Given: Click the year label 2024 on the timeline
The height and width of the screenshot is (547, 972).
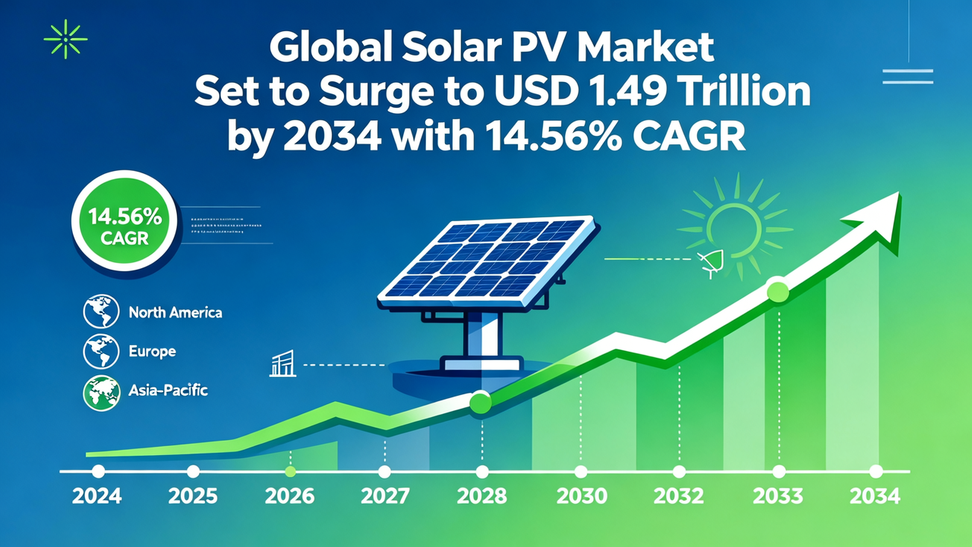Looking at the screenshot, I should (x=97, y=497).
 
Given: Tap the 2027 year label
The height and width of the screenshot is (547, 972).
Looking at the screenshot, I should (x=385, y=497).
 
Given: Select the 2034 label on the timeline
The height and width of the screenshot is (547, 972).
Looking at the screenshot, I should (x=875, y=497).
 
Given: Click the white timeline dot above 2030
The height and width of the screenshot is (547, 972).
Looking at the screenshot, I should (x=581, y=471).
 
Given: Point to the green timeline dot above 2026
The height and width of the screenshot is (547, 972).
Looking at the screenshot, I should (x=290, y=471).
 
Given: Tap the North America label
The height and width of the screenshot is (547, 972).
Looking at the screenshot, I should (x=175, y=312).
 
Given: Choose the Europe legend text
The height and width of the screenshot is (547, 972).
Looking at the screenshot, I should (x=152, y=352).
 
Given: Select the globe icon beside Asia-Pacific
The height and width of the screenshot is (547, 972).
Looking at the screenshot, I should (x=101, y=391).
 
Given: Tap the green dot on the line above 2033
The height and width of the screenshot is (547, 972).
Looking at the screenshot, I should (x=778, y=291).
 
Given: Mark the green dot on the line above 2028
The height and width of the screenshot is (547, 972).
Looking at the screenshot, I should (x=481, y=402).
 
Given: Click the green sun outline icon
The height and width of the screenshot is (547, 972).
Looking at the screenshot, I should (x=735, y=226).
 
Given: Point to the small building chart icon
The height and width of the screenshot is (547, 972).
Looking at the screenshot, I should (x=282, y=365).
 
